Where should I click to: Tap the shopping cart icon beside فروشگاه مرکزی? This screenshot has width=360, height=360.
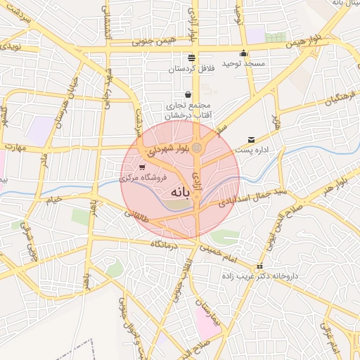coord(143,168)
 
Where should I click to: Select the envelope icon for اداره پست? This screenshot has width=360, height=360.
coord(251,139)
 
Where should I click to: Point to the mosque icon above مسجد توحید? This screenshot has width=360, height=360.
coord(243,53)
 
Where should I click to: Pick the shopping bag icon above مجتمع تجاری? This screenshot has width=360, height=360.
coord(188,94)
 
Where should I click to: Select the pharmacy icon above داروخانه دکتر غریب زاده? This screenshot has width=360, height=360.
coord(260,266)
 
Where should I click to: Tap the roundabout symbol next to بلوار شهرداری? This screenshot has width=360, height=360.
coord(198,147)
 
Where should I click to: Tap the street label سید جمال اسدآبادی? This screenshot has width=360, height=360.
coord(247,196)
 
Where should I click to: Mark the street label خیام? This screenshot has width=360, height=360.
coord(54,199)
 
